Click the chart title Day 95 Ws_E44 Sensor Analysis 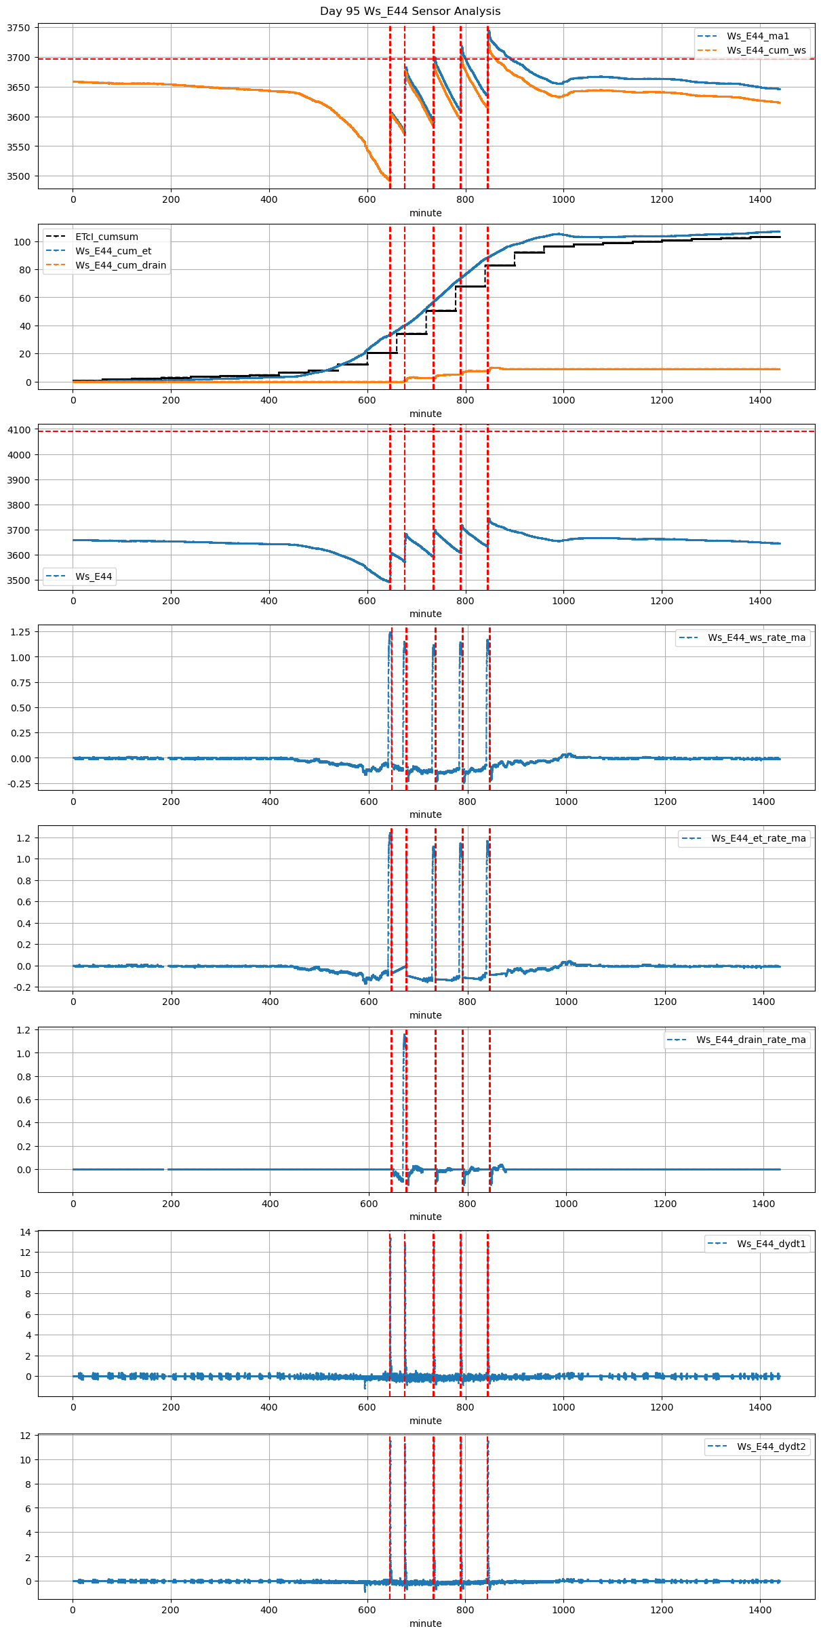410,11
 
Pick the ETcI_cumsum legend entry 106,237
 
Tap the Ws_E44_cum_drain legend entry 121,265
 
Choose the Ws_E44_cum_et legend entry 113,251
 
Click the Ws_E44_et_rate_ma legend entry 758,838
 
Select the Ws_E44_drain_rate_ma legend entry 750,1040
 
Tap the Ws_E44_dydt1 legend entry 771,1244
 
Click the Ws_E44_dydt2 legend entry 771,1446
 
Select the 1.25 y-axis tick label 20,632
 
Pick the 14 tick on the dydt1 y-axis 26,1232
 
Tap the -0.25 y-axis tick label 18,784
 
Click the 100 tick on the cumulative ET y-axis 23,242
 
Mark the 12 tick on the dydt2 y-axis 26,1436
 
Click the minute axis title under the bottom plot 425,1623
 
